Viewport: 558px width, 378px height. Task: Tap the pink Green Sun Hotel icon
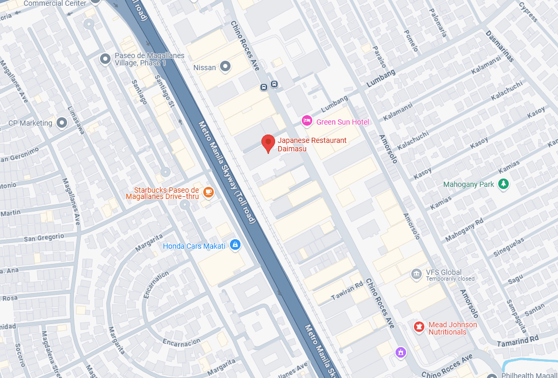(x=307, y=121)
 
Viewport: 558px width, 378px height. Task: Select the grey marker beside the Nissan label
(x=225, y=66)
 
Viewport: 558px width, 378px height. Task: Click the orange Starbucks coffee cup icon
(x=209, y=193)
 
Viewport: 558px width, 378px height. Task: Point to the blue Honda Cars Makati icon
(x=235, y=245)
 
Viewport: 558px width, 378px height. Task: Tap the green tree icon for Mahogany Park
(x=504, y=184)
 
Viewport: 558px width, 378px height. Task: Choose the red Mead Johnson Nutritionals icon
(x=419, y=327)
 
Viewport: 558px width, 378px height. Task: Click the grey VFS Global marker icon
(x=417, y=274)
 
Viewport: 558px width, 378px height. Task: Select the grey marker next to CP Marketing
(x=62, y=123)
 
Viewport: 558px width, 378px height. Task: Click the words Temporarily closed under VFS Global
(x=450, y=279)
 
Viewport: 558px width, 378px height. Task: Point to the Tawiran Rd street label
(x=347, y=292)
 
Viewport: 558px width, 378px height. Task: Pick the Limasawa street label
(x=76, y=120)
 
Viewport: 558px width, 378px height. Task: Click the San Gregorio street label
(x=44, y=238)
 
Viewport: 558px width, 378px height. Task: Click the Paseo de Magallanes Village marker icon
(x=105, y=59)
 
